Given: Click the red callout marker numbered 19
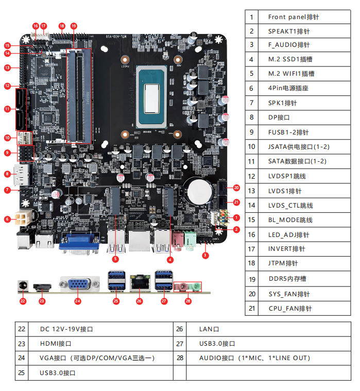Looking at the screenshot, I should (x=73, y=25).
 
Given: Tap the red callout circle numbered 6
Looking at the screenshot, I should (x=8, y=219).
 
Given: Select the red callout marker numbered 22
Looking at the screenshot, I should (x=22, y=301).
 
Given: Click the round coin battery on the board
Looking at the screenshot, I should (x=199, y=191).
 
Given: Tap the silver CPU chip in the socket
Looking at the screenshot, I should (x=152, y=96).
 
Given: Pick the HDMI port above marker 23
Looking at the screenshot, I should (x=42, y=286).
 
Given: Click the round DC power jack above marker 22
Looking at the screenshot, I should (x=22, y=285).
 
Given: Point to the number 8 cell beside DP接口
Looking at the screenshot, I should (x=252, y=117).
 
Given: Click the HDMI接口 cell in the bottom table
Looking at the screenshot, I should (x=103, y=343).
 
